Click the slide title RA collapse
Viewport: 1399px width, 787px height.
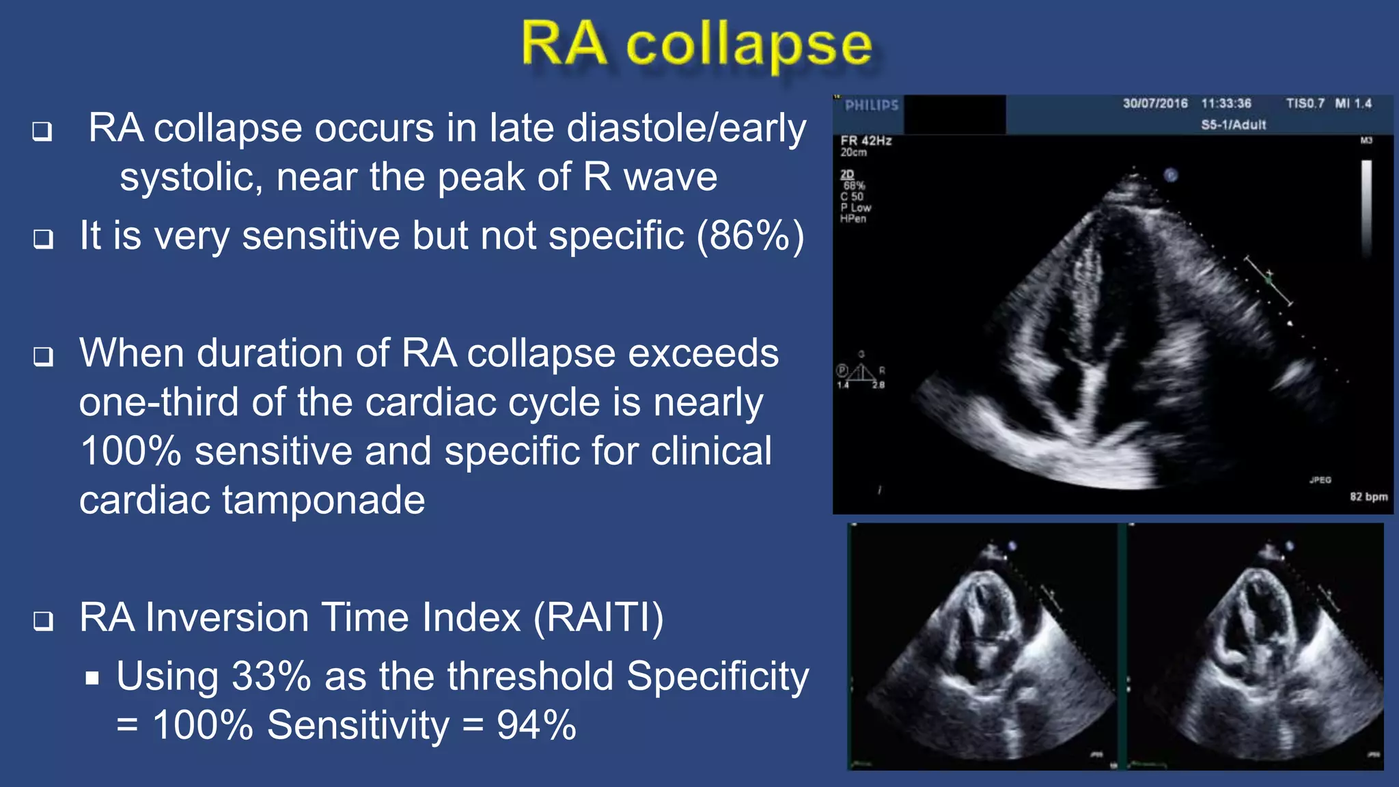697,44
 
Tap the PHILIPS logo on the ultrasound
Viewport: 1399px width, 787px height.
872,105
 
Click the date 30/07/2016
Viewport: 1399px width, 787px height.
1155,103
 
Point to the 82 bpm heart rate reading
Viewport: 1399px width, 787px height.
1368,497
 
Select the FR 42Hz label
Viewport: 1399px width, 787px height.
866,141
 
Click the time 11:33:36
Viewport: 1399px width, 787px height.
1226,103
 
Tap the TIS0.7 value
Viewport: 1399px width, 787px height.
1305,103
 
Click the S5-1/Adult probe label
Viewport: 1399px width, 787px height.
1234,124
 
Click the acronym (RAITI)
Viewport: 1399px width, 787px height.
598,618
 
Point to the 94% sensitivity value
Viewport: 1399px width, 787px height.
536,725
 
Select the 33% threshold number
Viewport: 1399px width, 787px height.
271,676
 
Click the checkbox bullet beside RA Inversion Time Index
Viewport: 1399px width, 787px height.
44,620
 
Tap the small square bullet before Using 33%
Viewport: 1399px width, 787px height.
93,678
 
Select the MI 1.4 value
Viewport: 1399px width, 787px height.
1353,103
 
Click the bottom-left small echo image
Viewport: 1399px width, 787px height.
982,646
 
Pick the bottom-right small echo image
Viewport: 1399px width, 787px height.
1256,646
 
